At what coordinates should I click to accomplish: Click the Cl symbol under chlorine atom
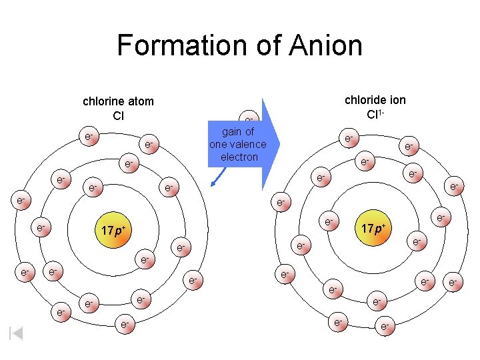118,115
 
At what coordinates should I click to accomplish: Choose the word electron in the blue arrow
238,157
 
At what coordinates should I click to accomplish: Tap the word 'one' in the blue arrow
219,144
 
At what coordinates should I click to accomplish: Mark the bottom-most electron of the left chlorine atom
124,325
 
